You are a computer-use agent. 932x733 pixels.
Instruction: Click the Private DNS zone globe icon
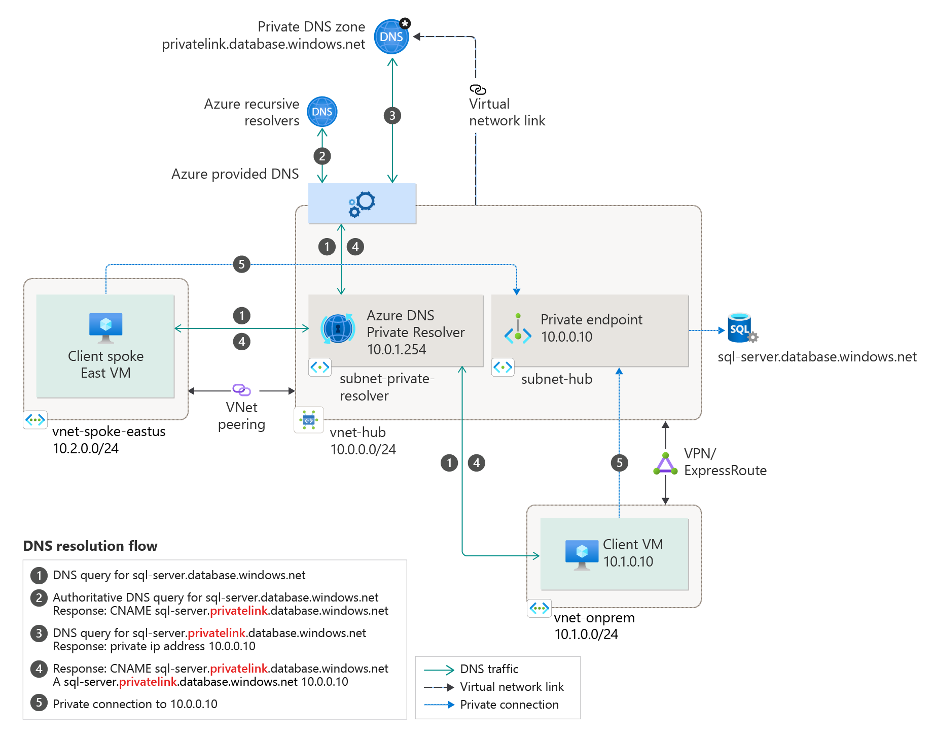pyautogui.click(x=391, y=37)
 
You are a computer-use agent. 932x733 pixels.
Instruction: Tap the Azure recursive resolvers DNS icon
pyautogui.click(x=322, y=112)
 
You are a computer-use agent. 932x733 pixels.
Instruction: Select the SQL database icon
pyautogui.click(x=741, y=328)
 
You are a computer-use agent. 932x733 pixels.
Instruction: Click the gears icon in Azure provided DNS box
pyautogui.click(x=362, y=204)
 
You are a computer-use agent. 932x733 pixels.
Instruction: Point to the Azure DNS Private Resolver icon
pyautogui.click(x=338, y=328)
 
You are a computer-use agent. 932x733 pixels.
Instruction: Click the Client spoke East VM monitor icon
pyautogui.click(x=105, y=327)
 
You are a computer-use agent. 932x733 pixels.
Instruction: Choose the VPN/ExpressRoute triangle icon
pyautogui.click(x=665, y=464)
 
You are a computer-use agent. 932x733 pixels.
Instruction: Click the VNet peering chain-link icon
pyautogui.click(x=241, y=390)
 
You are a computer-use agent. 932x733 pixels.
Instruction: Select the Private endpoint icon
pyautogui.click(x=518, y=329)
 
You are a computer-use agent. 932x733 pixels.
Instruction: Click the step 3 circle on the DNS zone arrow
pyautogui.click(x=392, y=116)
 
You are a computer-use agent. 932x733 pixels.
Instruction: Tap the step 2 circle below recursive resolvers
pyautogui.click(x=322, y=156)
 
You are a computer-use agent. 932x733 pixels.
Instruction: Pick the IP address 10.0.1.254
pyautogui.click(x=397, y=350)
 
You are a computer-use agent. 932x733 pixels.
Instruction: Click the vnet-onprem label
pyautogui.click(x=594, y=618)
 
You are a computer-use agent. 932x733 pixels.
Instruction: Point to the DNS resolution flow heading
pyautogui.click(x=90, y=546)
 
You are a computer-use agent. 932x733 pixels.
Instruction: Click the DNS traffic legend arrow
pyautogui.click(x=439, y=670)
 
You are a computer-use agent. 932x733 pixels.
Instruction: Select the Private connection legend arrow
pyautogui.click(x=439, y=705)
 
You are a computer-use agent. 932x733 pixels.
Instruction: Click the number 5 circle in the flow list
pyautogui.click(x=39, y=704)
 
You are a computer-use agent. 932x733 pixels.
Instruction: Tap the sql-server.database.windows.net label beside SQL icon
pyautogui.click(x=817, y=357)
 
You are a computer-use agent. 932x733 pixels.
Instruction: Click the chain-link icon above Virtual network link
pyautogui.click(x=478, y=90)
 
